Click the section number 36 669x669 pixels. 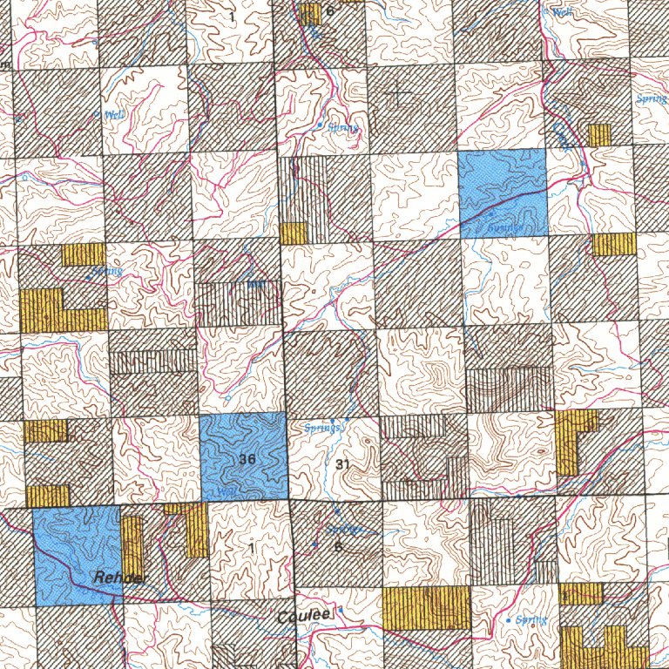tap(246, 459)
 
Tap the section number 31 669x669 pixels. tap(341, 464)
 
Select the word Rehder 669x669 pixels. tap(122, 578)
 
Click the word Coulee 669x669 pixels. tap(304, 616)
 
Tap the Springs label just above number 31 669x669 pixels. tap(326, 428)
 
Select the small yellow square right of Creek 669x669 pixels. tap(599, 135)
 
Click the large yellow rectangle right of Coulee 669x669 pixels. tap(426, 607)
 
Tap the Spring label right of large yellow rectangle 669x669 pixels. tap(530, 620)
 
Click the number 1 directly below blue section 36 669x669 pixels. tap(251, 548)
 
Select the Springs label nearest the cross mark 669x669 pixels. tap(340, 128)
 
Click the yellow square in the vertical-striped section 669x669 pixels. tap(294, 233)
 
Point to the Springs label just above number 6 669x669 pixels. tap(343, 528)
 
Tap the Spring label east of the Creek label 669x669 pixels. tap(652, 99)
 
